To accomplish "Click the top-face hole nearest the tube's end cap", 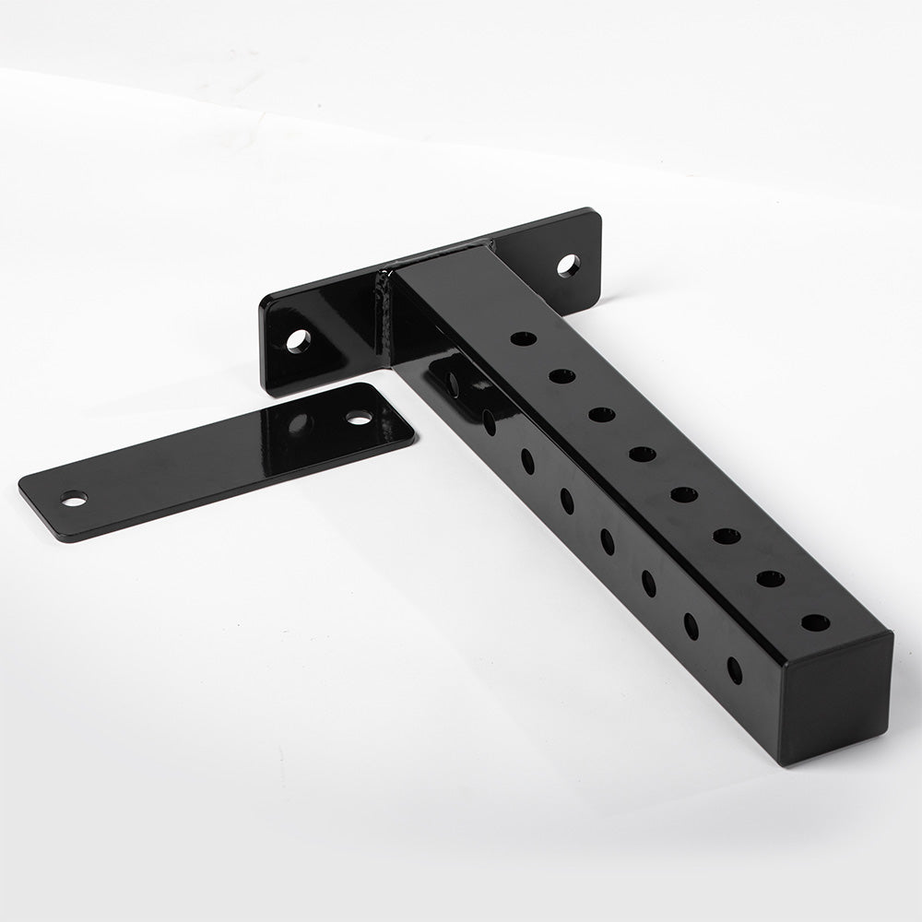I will tap(814, 622).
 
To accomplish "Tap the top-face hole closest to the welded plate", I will tap(523, 338).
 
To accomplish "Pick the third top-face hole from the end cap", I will tap(727, 535).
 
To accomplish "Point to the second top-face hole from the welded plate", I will tap(562, 375).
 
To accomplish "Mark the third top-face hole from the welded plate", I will tap(601, 414).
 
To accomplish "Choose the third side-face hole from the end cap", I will tap(649, 583).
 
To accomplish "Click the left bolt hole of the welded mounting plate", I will tap(297, 340).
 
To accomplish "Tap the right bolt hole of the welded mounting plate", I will tap(568, 266).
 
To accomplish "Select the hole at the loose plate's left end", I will tap(73, 498).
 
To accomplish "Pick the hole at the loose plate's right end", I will tap(359, 418).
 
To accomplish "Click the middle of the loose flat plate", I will tap(217, 457).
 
